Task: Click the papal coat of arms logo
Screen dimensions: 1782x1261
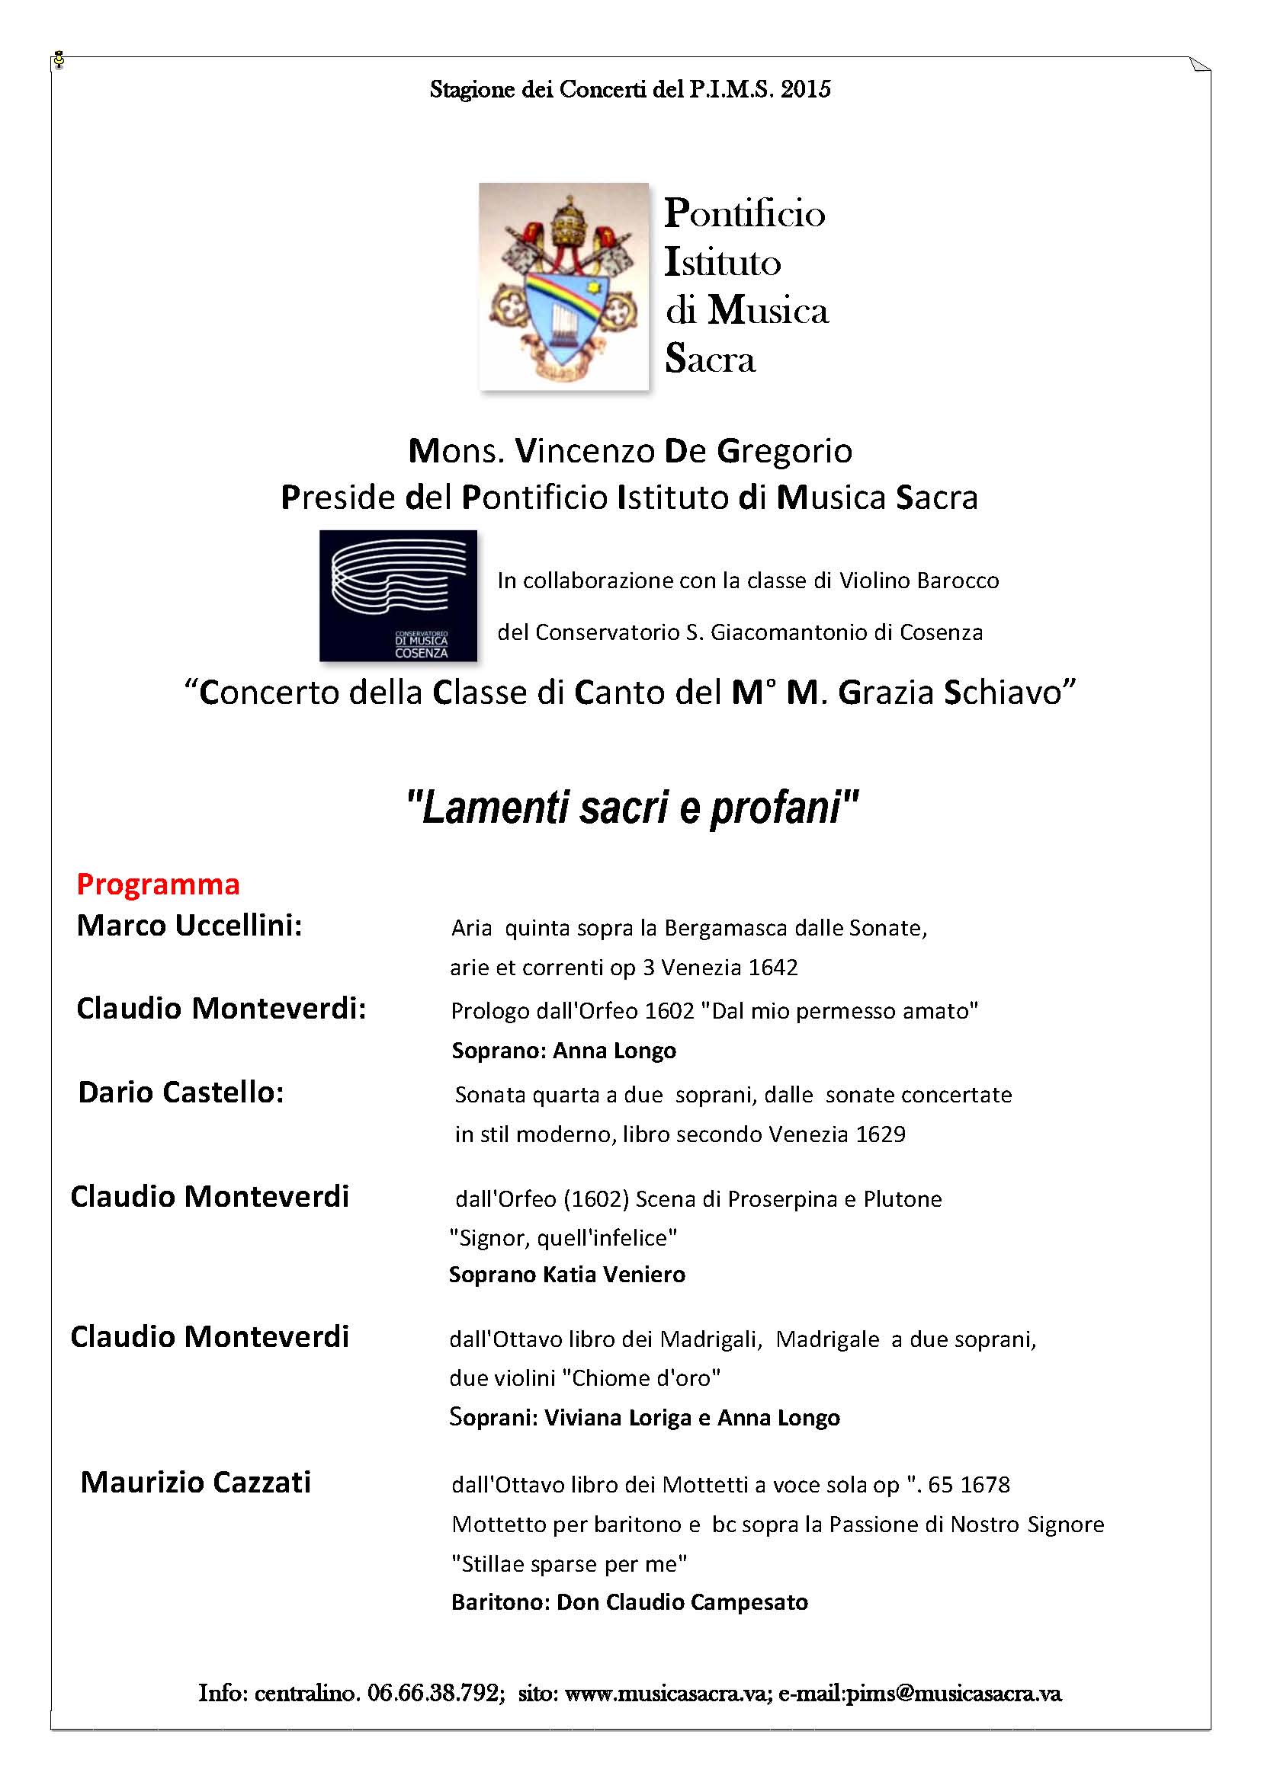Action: (x=563, y=286)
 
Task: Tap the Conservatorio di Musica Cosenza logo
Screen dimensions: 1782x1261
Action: (x=398, y=595)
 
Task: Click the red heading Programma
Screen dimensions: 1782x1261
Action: (x=159, y=884)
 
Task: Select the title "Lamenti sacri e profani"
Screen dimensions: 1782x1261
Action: (x=632, y=808)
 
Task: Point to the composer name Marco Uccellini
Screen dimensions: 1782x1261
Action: (x=188, y=925)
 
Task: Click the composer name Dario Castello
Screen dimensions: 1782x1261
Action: (x=181, y=1092)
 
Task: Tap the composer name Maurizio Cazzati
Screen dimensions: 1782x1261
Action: (x=196, y=1483)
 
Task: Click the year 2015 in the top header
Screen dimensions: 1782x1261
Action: (x=805, y=90)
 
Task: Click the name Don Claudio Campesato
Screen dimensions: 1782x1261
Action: (x=682, y=1603)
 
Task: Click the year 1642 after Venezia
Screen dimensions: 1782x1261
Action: (x=772, y=968)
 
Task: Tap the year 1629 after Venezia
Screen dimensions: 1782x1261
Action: (x=881, y=1134)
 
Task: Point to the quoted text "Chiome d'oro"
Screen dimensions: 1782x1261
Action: (x=640, y=1378)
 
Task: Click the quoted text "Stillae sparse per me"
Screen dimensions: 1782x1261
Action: (x=570, y=1564)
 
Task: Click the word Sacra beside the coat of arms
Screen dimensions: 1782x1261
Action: (x=710, y=360)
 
